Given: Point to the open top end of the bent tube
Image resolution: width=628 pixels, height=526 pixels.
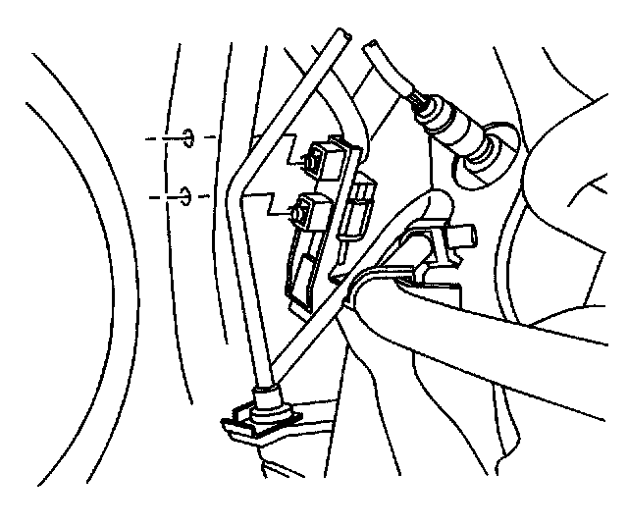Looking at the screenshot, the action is pos(341,36).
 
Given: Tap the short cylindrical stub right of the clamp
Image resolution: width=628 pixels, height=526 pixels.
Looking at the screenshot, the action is pos(465,235).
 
